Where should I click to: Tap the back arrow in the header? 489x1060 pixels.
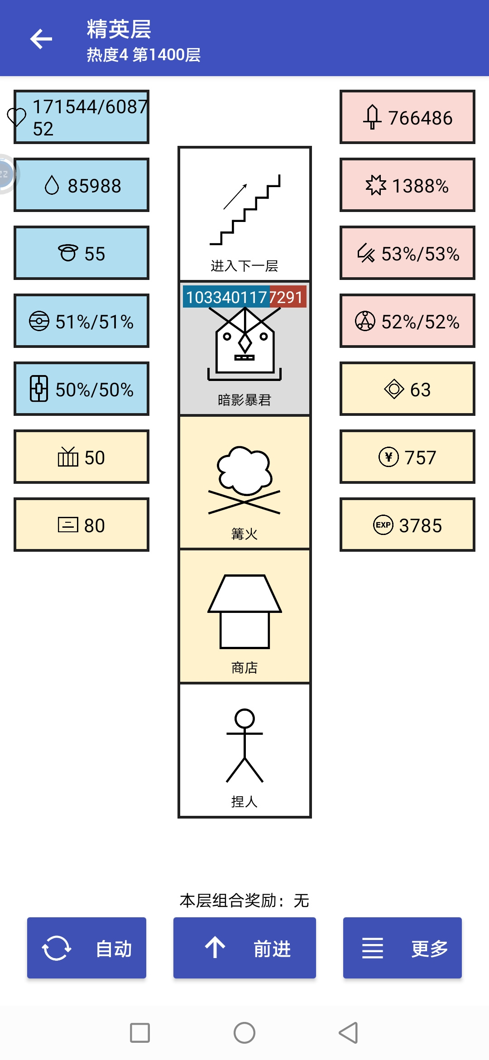[x=41, y=39]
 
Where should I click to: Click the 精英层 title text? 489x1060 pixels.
[x=119, y=29]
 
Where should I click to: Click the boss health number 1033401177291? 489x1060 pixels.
[x=244, y=297]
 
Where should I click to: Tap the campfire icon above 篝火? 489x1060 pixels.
[x=244, y=480]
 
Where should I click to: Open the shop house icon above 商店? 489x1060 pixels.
[x=244, y=612]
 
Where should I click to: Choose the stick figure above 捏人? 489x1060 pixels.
[x=244, y=745]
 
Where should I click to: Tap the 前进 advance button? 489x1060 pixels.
[x=244, y=948]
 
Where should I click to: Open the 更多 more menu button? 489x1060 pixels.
[x=403, y=948]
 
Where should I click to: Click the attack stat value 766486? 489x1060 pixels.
[x=420, y=118]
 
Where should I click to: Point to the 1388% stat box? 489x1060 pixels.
[x=407, y=185]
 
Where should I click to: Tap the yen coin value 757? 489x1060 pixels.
[x=420, y=458]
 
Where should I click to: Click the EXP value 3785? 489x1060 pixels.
[x=420, y=525]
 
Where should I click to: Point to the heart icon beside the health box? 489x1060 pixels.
[x=17, y=117]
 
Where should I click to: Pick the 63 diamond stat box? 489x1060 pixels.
[x=407, y=389]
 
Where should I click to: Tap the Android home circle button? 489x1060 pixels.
[x=244, y=1033]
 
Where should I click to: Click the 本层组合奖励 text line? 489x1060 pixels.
[x=244, y=901]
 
